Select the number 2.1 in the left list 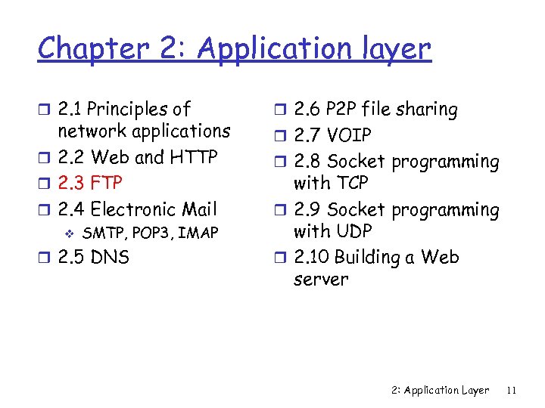(71, 110)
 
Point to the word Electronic (133, 209)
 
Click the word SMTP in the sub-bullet (101, 233)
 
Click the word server (321, 280)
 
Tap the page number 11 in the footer (512, 391)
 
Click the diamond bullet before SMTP (67, 233)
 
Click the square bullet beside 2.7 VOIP (279, 136)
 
